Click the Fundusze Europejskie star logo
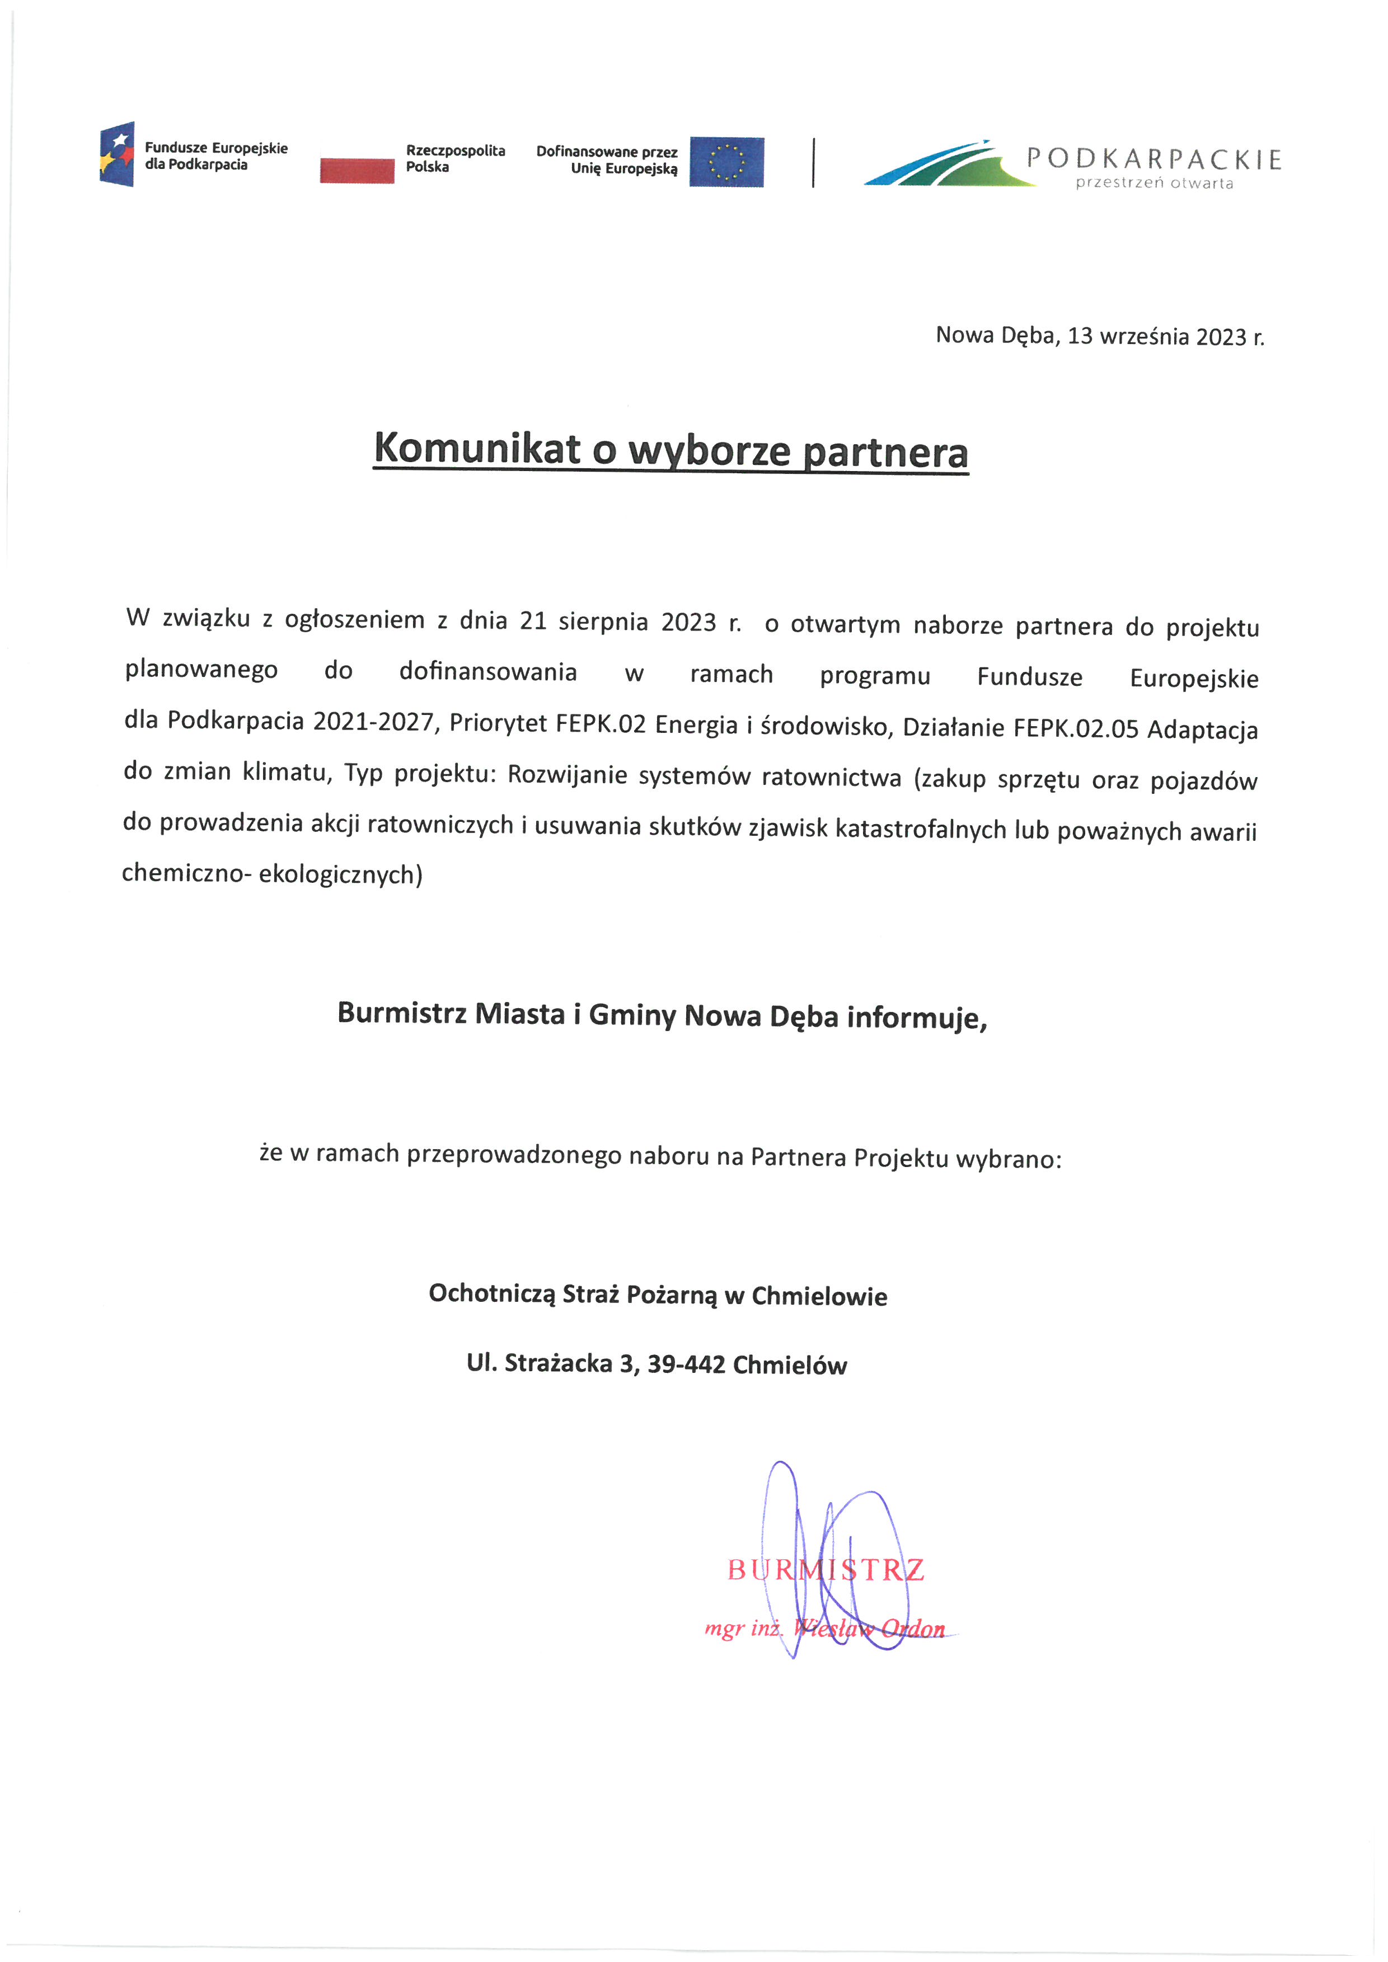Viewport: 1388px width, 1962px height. click(117, 154)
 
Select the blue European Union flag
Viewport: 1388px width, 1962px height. click(726, 162)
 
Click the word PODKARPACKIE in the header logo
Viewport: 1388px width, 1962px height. click(1154, 159)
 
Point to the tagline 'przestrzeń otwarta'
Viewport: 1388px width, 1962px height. click(1154, 183)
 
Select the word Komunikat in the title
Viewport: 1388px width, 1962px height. click(477, 448)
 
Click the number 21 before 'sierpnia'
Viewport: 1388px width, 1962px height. click(532, 620)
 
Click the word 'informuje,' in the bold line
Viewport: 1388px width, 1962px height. click(917, 1017)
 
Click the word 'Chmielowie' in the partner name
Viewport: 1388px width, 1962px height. click(819, 1296)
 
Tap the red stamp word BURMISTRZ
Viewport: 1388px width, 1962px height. click(826, 1570)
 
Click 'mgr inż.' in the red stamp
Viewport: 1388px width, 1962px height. click(742, 1628)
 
